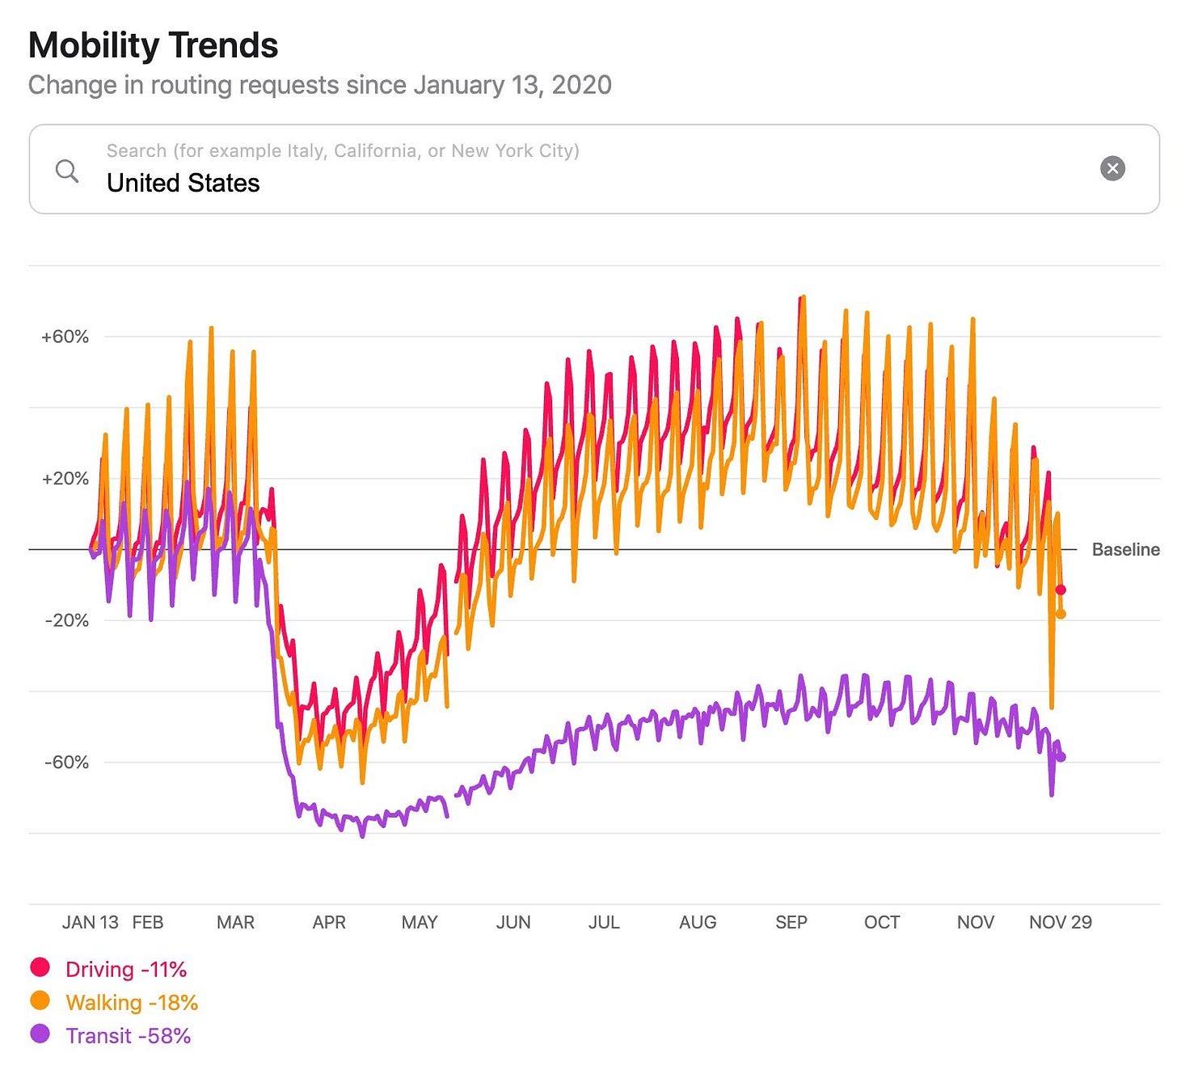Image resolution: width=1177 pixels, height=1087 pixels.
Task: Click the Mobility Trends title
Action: [153, 45]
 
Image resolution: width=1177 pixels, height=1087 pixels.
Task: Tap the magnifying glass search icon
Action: [67, 171]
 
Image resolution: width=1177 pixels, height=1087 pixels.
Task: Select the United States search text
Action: [184, 183]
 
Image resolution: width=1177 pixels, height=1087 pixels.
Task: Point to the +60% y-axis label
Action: [65, 336]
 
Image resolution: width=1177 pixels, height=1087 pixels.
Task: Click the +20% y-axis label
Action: [65, 479]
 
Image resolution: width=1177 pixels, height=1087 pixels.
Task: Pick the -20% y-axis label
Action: [66, 620]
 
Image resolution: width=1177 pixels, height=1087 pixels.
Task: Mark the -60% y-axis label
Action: [66, 762]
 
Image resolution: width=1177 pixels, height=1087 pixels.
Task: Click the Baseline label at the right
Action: [1125, 550]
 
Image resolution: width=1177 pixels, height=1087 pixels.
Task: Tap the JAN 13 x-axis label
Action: [91, 922]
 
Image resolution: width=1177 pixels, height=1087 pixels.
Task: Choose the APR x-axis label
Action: [329, 922]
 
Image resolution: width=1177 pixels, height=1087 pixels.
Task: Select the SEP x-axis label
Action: [791, 922]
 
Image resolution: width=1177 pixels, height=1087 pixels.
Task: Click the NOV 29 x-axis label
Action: [1060, 922]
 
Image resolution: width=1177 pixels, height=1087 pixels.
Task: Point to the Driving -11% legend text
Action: [126, 969]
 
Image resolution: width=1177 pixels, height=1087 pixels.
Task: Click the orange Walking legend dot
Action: [40, 1000]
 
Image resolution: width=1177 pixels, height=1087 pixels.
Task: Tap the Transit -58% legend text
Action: [129, 1036]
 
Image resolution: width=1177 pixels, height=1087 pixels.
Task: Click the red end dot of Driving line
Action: [1061, 590]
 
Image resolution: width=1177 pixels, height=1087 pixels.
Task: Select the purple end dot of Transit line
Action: [1061, 757]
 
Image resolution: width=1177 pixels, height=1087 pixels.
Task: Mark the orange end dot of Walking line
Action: [1061, 614]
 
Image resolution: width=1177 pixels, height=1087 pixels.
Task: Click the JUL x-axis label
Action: [604, 922]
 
